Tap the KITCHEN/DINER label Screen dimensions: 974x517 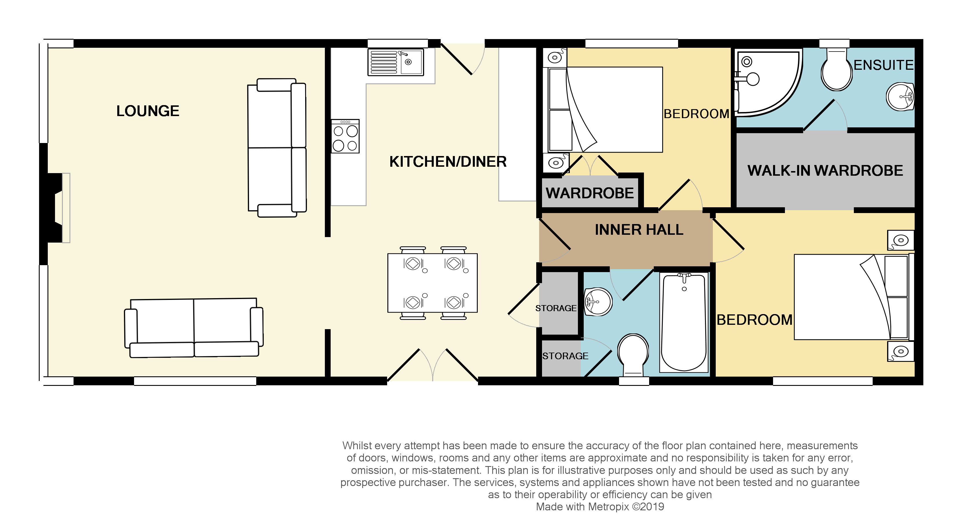pos(448,162)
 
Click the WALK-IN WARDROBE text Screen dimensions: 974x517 pos(825,171)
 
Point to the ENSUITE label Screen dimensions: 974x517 pos(883,65)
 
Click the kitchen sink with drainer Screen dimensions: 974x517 pos(396,62)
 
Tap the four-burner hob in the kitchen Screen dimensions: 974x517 pos(345,136)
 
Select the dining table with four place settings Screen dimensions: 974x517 pos(432,283)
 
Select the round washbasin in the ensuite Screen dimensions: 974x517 pos(900,97)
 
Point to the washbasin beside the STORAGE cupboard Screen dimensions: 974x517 pos(598,302)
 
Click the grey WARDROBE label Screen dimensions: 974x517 pos(589,193)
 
